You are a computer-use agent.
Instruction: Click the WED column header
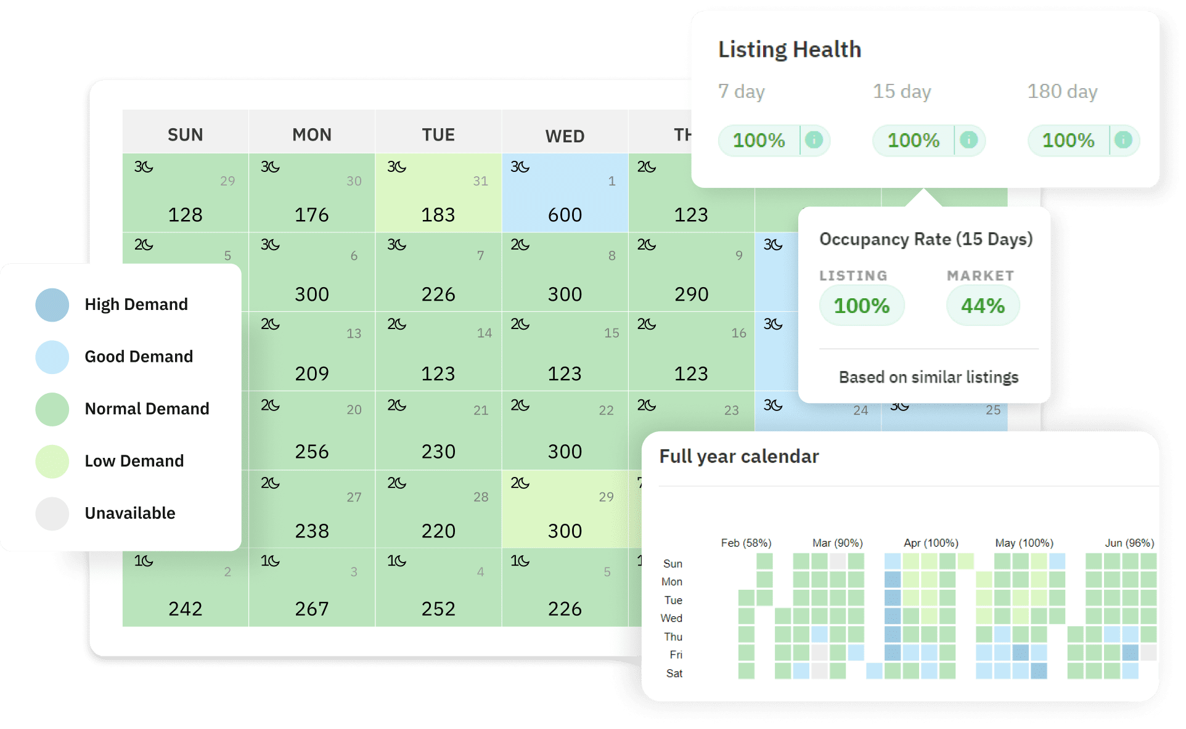(x=565, y=136)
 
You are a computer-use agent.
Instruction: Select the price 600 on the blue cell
(x=565, y=215)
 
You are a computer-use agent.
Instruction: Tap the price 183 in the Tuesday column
(x=438, y=215)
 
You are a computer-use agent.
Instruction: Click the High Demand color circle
(x=52, y=304)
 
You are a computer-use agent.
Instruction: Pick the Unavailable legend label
(x=129, y=513)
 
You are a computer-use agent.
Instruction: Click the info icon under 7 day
(x=814, y=140)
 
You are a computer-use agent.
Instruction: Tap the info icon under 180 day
(x=1124, y=140)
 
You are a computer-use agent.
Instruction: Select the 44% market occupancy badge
(x=983, y=306)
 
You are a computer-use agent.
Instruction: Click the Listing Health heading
(x=790, y=49)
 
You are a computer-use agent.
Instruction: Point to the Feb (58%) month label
(x=746, y=543)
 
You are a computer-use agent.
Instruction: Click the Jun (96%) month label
(x=1129, y=543)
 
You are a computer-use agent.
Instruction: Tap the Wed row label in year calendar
(x=671, y=618)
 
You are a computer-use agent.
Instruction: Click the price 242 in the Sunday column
(x=185, y=609)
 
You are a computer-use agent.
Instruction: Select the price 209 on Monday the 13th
(x=311, y=373)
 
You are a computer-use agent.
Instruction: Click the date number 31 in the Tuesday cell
(x=480, y=181)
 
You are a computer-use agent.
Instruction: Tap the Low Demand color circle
(x=52, y=462)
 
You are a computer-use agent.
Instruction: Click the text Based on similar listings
(x=928, y=377)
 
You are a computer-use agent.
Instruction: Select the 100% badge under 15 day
(x=913, y=141)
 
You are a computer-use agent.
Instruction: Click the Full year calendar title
(x=739, y=456)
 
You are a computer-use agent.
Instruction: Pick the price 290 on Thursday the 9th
(x=691, y=294)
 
